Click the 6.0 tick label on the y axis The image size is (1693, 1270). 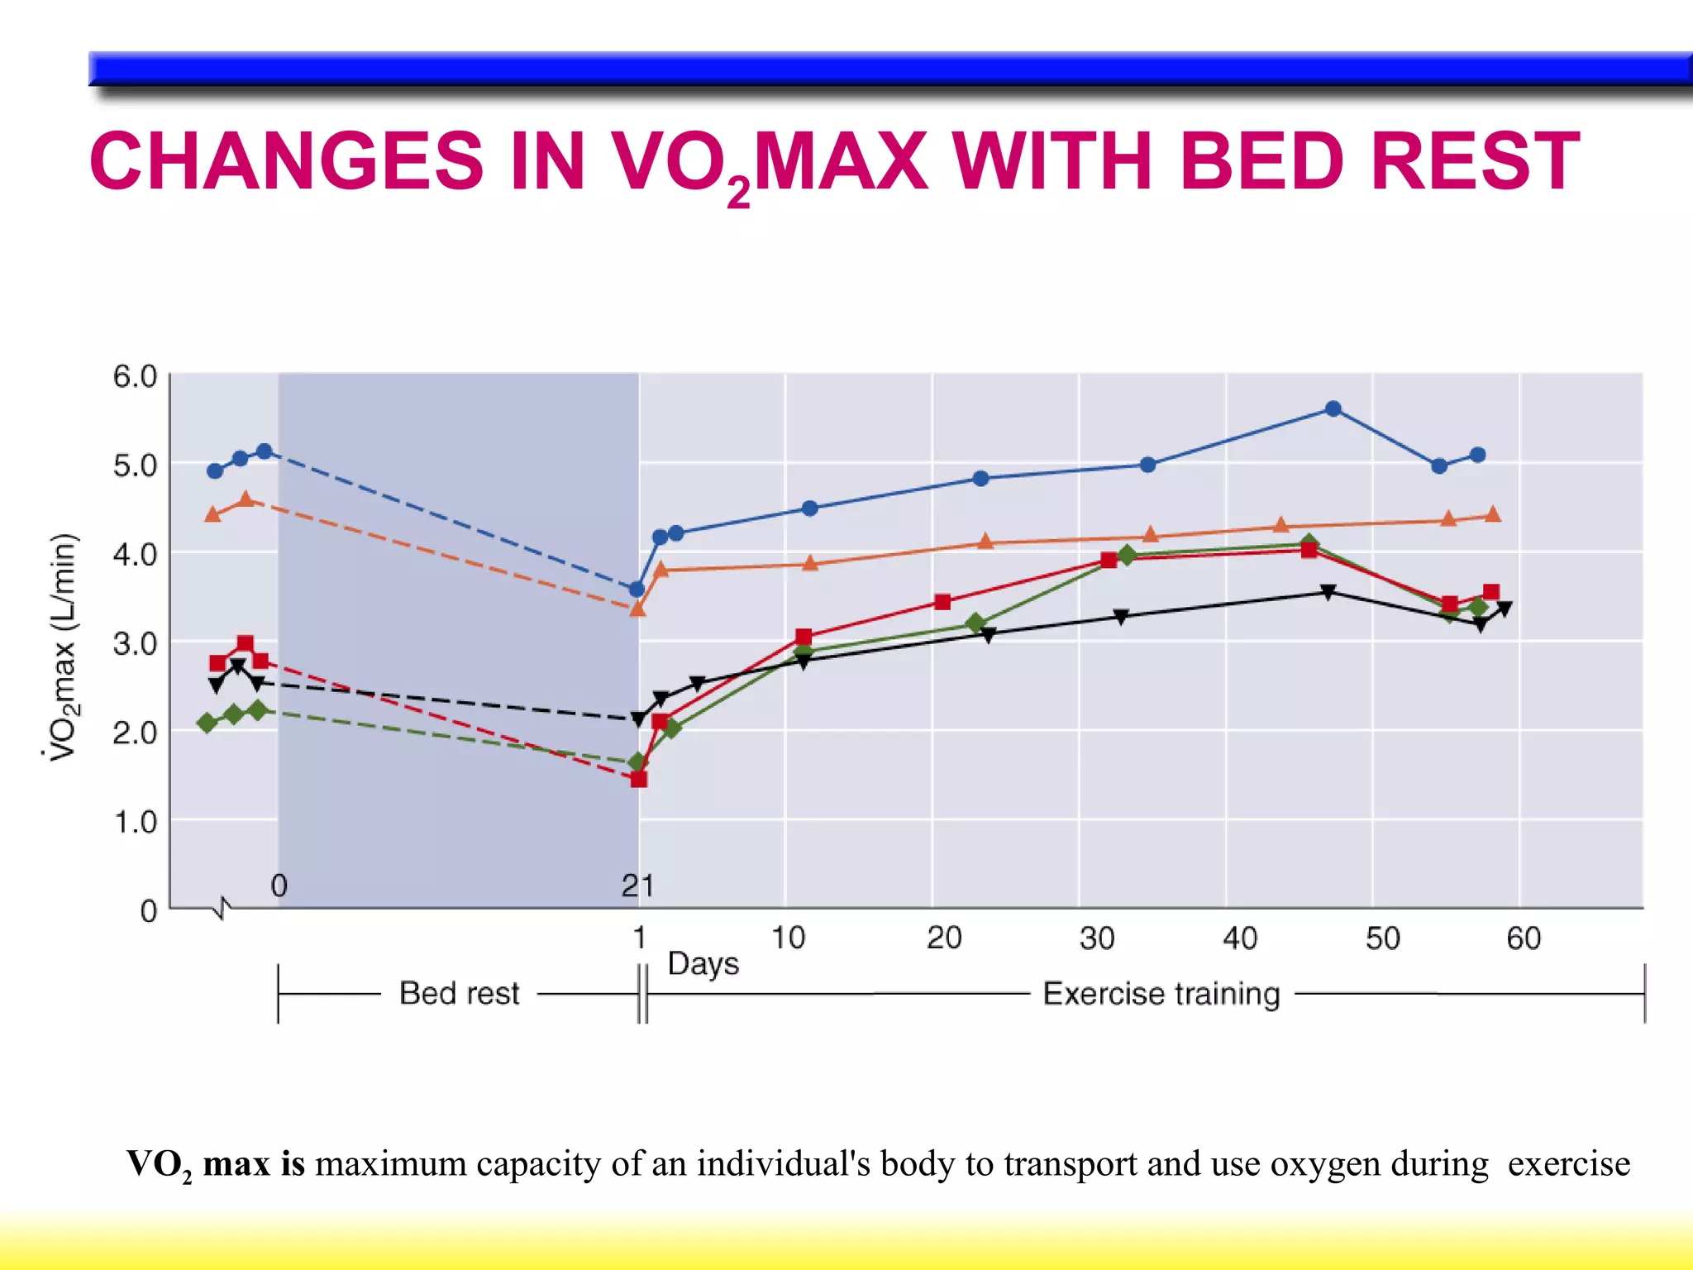coord(135,376)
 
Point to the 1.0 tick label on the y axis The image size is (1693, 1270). coord(135,823)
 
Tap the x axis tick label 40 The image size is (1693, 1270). coord(1240,938)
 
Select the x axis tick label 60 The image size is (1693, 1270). coord(1524,938)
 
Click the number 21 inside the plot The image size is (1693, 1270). coord(637,886)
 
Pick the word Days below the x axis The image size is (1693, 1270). coord(703,965)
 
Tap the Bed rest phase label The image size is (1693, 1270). coord(459,993)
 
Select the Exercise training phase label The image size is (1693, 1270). coord(1161,993)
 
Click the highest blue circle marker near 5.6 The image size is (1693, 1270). coord(1333,408)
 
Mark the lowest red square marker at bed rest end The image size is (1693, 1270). coord(638,779)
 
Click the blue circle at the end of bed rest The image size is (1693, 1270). coord(637,590)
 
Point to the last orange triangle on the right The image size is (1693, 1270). coord(1492,514)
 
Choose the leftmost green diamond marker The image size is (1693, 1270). coord(207,723)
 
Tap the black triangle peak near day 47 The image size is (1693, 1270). coord(1328,592)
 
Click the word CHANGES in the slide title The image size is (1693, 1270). coord(286,161)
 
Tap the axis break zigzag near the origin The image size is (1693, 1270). coord(222,909)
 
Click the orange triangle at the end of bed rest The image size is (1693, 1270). coord(637,609)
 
